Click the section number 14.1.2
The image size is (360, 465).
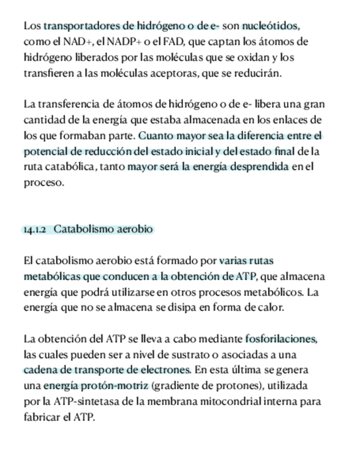(x=34, y=230)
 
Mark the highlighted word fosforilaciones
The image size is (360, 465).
(x=281, y=339)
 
